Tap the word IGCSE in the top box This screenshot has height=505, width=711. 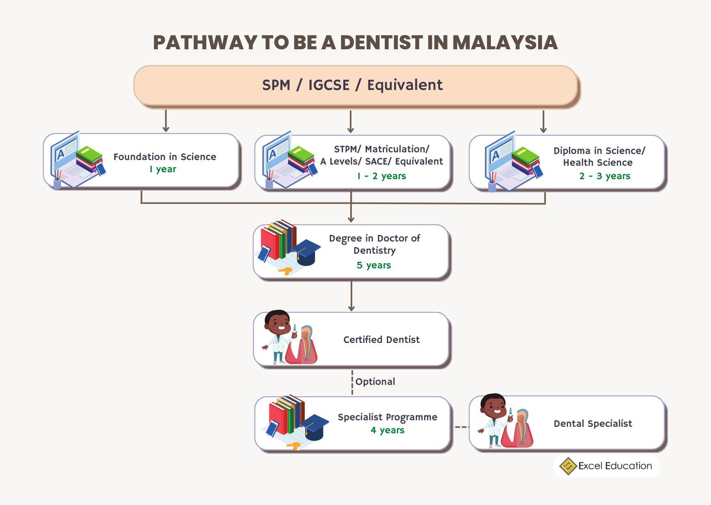[x=329, y=85]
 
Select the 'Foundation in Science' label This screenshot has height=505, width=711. [x=165, y=157]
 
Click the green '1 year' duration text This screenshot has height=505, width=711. [x=163, y=169]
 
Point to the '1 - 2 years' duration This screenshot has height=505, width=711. [x=382, y=176]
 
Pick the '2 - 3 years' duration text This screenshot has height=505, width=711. [x=604, y=176]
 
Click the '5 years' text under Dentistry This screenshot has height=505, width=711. [x=373, y=265]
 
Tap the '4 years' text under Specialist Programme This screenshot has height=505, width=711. [x=387, y=430]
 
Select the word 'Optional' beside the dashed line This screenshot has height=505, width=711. [x=375, y=382]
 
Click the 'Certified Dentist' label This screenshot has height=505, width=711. [x=381, y=340]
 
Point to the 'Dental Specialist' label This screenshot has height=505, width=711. [x=593, y=424]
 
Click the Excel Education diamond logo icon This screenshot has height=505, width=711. [x=568, y=466]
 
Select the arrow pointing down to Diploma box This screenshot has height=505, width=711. [x=543, y=122]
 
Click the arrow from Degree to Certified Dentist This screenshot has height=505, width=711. [x=351, y=297]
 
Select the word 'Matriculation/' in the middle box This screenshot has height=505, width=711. [x=397, y=149]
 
